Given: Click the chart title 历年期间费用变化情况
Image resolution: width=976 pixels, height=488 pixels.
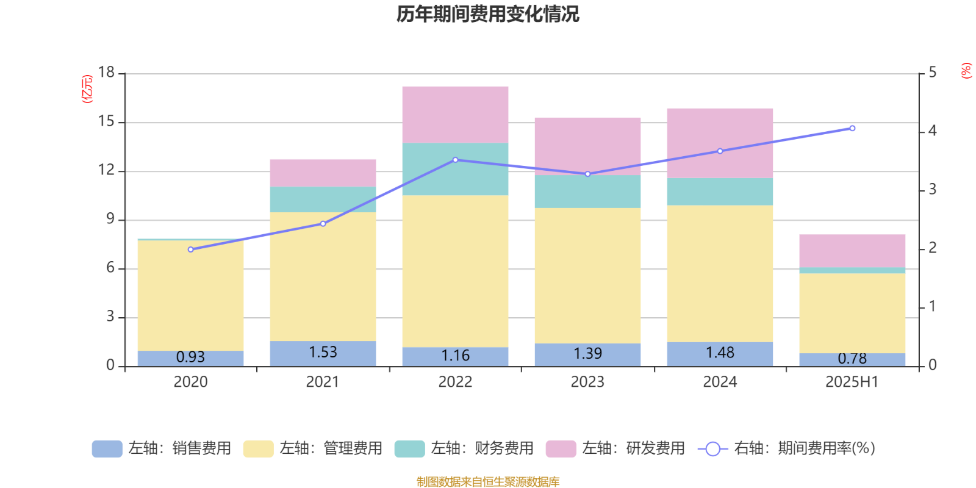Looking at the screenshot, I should [487, 13].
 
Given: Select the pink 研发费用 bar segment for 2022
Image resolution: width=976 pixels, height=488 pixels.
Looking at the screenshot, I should [455, 114].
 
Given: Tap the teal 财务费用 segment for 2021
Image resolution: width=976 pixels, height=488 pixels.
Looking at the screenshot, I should [323, 199].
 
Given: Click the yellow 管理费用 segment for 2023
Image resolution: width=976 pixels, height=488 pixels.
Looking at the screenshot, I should [587, 275].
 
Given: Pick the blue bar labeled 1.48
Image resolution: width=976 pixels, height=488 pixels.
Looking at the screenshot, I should [720, 354].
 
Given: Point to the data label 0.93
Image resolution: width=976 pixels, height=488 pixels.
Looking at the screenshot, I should [190, 357].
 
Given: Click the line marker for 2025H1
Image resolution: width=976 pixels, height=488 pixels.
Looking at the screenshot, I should [852, 128].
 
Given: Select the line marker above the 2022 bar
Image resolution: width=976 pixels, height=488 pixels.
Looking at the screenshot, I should [455, 160].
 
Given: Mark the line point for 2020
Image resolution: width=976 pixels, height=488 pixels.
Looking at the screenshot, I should [190, 249].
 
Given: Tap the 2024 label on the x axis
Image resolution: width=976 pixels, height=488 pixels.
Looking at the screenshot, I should [720, 382].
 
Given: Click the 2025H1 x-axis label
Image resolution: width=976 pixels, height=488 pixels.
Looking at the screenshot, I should [852, 382].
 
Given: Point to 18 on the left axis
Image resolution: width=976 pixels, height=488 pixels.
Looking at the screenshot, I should [106, 73].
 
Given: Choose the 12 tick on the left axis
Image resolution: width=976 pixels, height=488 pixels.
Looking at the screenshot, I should [106, 170].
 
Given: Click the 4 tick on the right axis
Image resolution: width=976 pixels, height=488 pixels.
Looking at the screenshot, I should [932, 131].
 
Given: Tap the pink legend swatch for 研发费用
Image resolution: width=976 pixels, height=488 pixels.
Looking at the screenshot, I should [561, 448].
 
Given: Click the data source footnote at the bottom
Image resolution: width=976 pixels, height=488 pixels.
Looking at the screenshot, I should [487, 482].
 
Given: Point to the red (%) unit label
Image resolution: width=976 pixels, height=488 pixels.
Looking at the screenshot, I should [966, 71].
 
